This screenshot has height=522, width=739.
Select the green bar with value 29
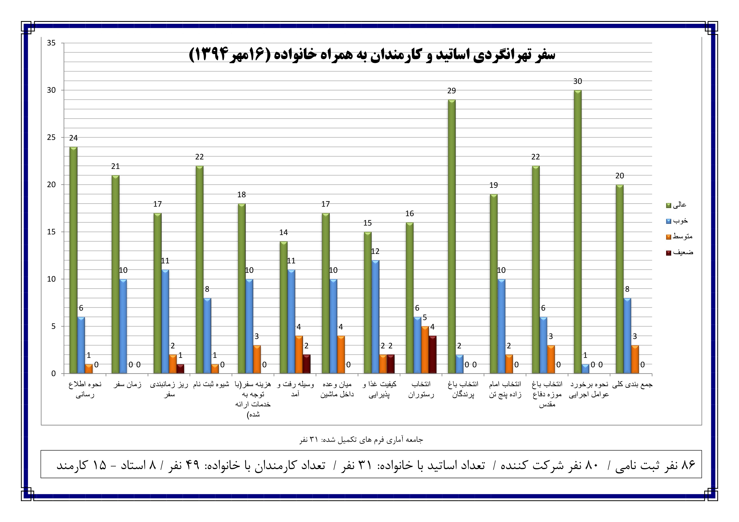(452, 236)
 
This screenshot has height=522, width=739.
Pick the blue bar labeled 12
(375, 317)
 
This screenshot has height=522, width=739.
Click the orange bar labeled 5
(425, 350)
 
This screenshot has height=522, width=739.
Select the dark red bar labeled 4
(432, 355)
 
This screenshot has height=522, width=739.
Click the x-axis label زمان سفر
(127, 384)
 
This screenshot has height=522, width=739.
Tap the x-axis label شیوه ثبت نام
(211, 384)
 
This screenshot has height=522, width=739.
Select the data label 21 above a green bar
(116, 166)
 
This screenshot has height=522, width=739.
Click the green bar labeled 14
(284, 307)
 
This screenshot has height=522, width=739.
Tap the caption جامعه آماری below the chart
(361, 440)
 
